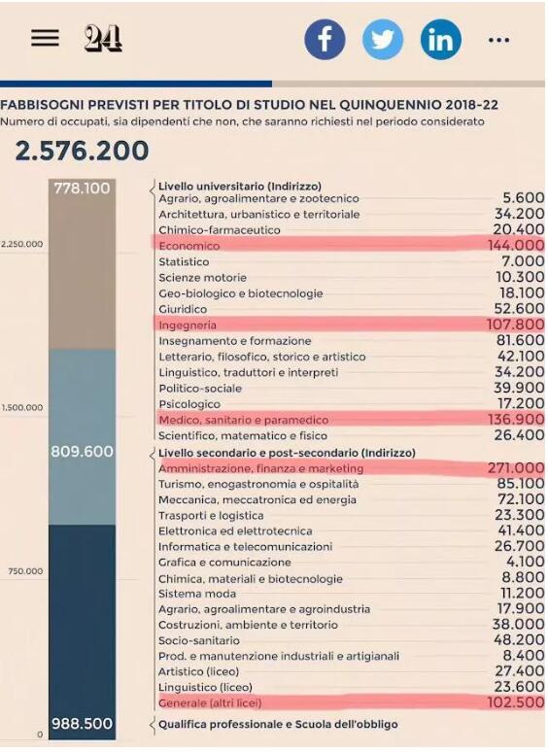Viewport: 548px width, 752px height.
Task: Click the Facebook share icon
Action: click(325, 39)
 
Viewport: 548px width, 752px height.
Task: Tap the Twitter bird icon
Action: click(383, 39)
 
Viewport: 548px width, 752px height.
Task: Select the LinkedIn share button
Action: click(440, 39)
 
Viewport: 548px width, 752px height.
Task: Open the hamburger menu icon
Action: click(45, 38)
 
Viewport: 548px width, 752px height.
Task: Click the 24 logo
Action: click(103, 38)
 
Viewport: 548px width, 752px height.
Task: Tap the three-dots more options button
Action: click(498, 40)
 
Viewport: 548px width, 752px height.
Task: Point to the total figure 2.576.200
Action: click(82, 151)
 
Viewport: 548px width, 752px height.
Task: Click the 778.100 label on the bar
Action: click(82, 188)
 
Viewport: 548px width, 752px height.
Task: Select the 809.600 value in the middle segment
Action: click(82, 451)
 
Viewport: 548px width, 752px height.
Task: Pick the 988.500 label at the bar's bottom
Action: click(82, 723)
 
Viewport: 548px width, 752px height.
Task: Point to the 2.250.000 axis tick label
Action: click(22, 244)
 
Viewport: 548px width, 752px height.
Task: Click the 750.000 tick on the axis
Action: click(25, 571)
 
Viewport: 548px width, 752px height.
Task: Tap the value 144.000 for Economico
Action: click(516, 245)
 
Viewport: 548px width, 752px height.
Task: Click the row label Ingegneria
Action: click(188, 325)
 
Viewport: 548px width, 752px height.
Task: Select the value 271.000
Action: click(516, 467)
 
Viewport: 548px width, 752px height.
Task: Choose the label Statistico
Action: click(184, 262)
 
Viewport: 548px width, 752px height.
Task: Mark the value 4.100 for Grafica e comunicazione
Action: click(526, 562)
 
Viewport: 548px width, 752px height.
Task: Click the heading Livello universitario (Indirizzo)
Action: click(240, 187)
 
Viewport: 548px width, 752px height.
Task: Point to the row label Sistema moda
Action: click(197, 594)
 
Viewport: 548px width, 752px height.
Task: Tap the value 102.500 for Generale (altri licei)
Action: click(516, 702)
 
